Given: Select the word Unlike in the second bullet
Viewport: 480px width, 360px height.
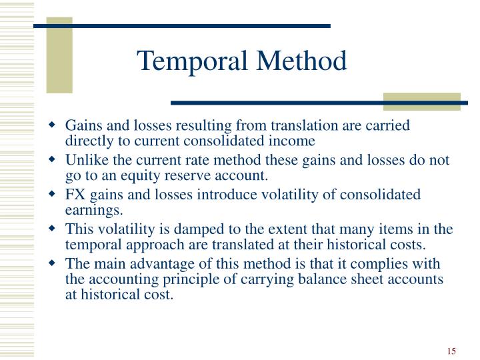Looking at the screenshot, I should pyautogui.click(x=83, y=160).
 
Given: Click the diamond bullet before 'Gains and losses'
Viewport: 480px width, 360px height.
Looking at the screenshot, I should pyautogui.click(x=53, y=126).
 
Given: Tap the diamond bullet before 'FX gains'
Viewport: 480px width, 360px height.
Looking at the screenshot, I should pyautogui.click(x=53, y=195).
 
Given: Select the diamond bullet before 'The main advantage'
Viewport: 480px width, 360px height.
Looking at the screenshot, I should pyautogui.click(x=53, y=265).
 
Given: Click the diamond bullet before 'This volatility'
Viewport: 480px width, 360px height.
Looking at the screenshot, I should pyautogui.click(x=53, y=230).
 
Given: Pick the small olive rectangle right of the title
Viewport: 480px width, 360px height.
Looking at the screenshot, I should pyautogui.click(x=422, y=102).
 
